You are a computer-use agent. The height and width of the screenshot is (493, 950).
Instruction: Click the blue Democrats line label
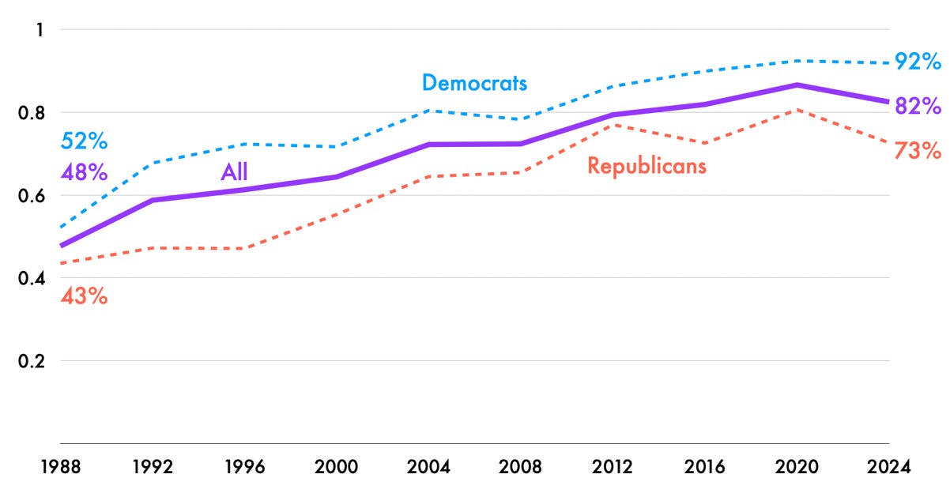(x=474, y=83)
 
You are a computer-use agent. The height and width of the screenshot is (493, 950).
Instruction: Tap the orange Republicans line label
(x=647, y=166)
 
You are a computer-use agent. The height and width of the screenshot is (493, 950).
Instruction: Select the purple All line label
(x=234, y=173)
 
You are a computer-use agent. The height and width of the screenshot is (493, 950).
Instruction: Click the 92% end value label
(x=917, y=62)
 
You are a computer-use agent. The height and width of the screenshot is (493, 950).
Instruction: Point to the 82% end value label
(x=917, y=106)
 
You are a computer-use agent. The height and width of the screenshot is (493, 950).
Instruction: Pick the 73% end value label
(x=917, y=150)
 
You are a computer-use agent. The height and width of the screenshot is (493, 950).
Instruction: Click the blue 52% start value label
(x=84, y=142)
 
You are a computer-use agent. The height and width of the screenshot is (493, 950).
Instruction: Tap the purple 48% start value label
(x=84, y=172)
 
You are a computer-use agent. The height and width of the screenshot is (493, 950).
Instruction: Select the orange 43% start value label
(x=84, y=297)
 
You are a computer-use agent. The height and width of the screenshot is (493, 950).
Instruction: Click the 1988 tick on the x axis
(x=61, y=467)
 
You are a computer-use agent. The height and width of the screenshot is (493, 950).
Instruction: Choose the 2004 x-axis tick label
(x=428, y=467)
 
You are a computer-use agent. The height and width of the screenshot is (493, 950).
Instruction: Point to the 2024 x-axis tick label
(x=889, y=467)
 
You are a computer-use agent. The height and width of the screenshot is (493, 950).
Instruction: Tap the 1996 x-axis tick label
(x=244, y=467)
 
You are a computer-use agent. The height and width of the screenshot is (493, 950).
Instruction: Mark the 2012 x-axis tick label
(x=613, y=467)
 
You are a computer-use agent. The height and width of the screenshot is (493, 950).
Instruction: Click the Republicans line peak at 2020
(x=797, y=110)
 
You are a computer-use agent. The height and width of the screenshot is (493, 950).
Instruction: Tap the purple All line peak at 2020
(x=797, y=85)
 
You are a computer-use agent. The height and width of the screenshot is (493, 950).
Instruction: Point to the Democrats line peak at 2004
(x=428, y=111)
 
